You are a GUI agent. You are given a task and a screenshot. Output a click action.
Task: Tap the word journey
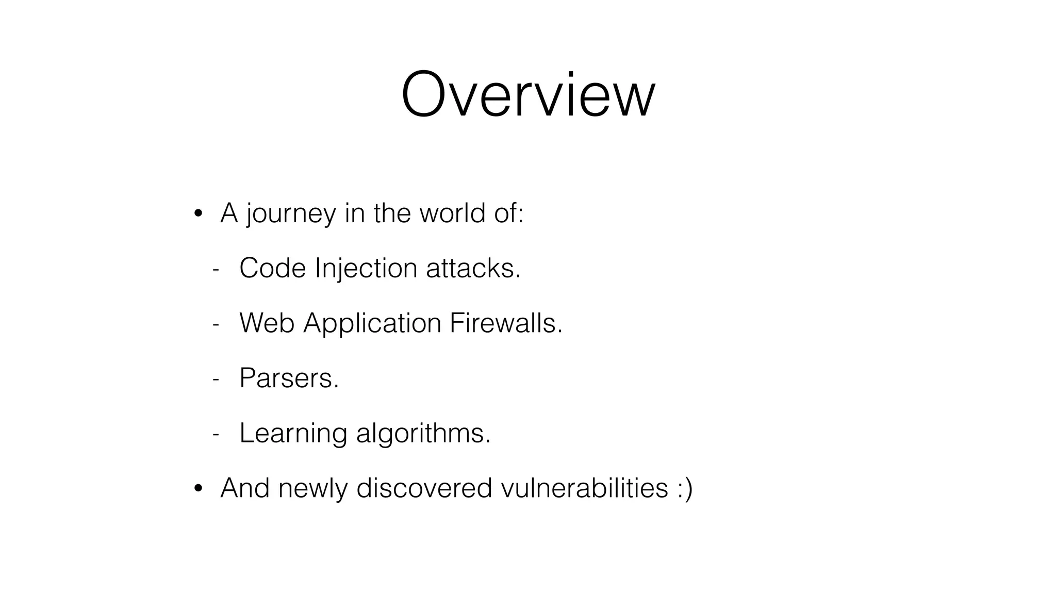291,213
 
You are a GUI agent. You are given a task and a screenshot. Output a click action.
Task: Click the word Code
272,268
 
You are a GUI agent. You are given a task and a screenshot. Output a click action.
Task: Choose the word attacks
473,268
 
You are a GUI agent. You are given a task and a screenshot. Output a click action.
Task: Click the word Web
267,323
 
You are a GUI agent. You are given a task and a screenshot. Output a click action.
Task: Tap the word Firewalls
505,323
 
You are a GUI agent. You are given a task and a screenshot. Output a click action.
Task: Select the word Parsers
289,378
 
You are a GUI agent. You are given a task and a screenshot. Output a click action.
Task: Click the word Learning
293,434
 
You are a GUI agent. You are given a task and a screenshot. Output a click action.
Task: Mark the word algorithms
423,434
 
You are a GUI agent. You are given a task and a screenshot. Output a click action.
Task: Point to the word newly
312,488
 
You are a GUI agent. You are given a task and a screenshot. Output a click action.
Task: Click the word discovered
424,488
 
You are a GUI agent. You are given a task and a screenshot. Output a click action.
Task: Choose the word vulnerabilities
584,488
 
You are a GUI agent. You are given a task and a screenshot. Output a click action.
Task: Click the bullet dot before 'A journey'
198,214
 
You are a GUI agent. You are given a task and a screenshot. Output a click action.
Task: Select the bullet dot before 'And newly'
198,488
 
